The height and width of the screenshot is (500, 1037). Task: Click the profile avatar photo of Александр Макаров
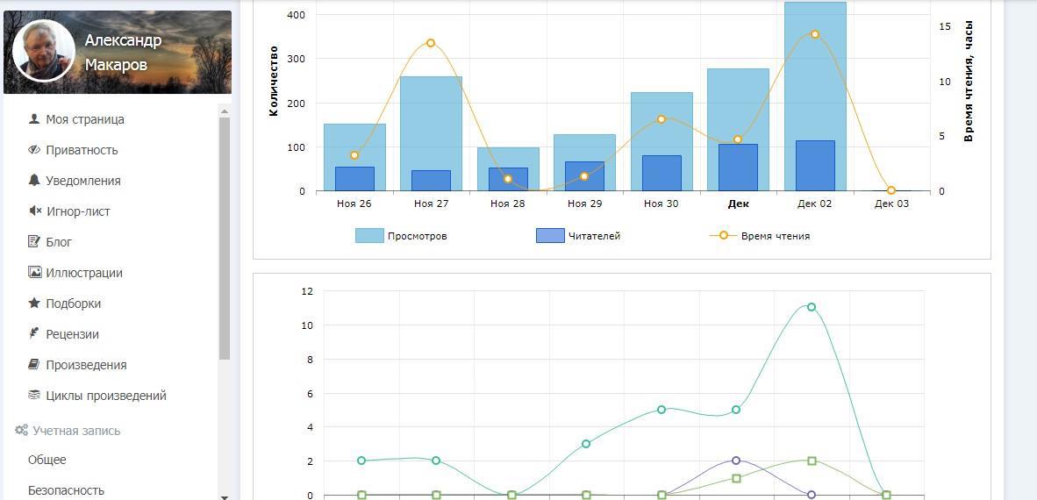point(43,51)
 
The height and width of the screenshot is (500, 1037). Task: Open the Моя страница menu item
point(84,119)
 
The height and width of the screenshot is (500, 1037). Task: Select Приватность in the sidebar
point(82,150)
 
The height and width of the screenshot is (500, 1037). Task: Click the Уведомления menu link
point(82,181)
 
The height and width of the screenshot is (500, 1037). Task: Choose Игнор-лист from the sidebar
point(77,211)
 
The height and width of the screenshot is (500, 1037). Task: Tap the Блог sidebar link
point(59,242)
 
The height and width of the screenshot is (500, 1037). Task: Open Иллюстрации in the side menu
point(83,273)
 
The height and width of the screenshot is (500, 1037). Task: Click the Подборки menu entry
point(73,304)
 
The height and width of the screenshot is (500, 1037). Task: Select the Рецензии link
point(72,334)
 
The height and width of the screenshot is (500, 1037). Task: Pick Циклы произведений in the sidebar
point(105,396)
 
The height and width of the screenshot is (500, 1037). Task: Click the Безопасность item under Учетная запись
point(66,490)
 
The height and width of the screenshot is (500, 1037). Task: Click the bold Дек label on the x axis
point(738,204)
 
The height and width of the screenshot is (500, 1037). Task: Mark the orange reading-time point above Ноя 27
point(431,43)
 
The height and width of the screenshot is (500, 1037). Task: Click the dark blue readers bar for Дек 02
point(815,166)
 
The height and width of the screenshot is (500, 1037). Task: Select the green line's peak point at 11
point(812,307)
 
